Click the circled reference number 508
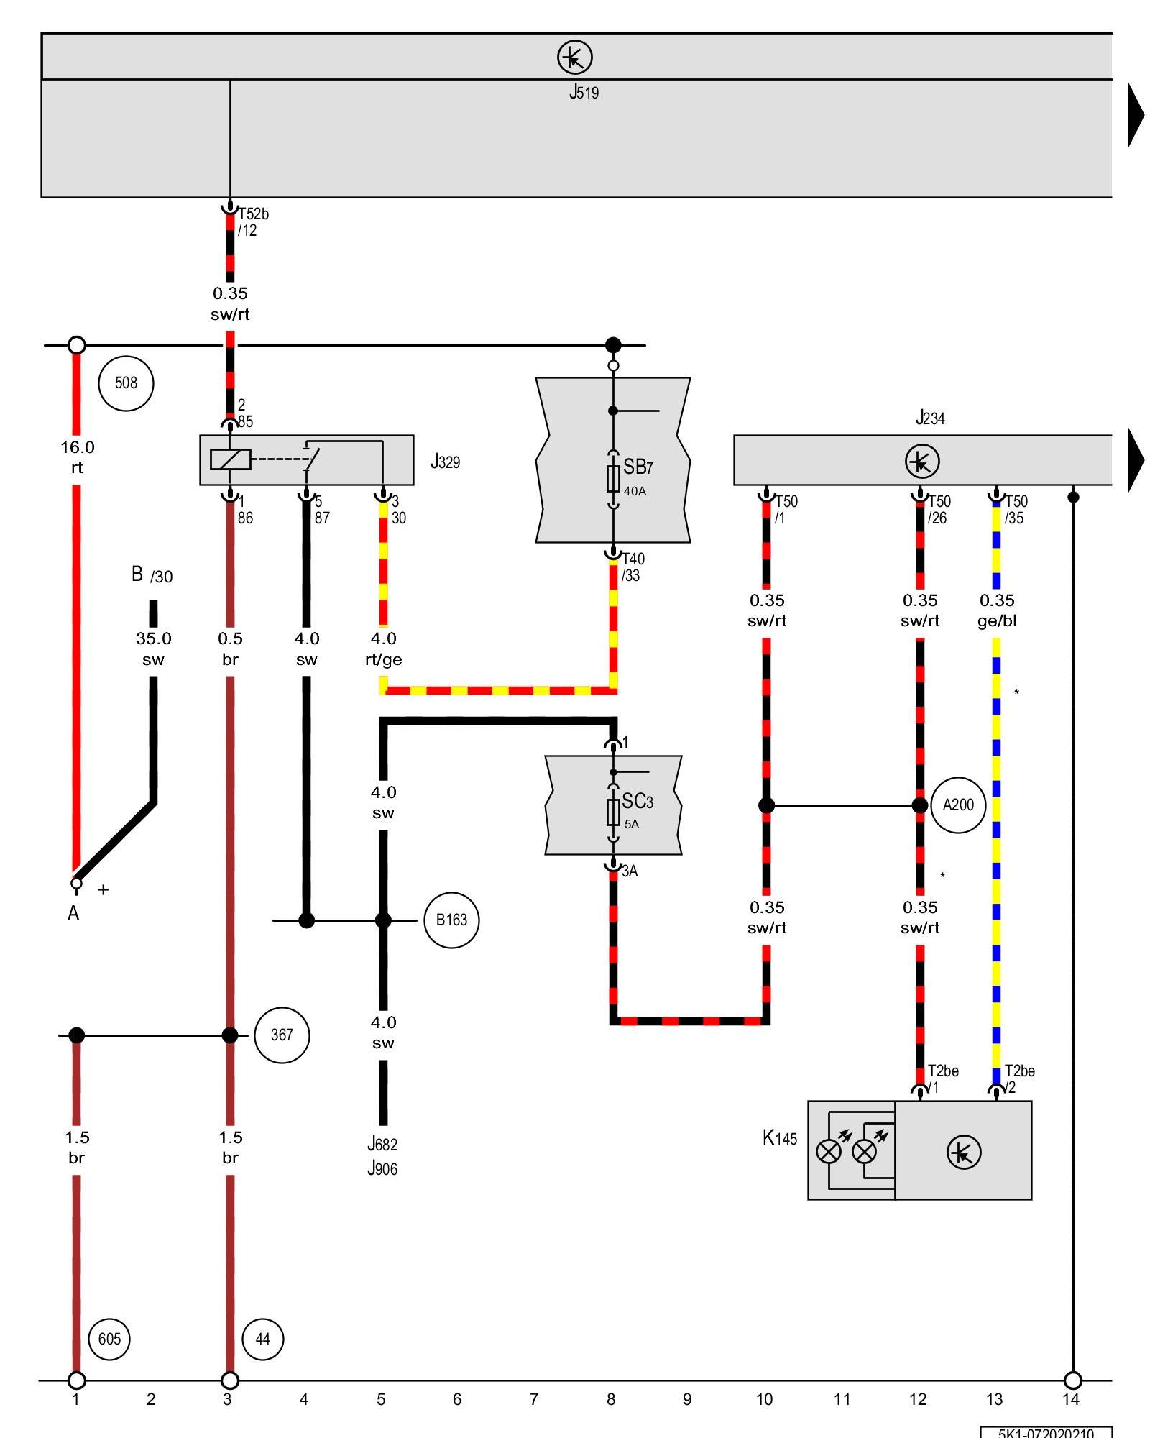(126, 383)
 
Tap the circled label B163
(451, 920)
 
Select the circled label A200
(958, 805)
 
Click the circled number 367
(282, 1035)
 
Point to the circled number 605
(109, 1339)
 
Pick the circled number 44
(263, 1339)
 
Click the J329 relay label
(445, 462)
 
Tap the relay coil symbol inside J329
(230, 459)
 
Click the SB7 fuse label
(638, 467)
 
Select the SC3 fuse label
(637, 801)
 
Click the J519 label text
(584, 92)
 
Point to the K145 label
(780, 1137)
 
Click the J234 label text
(930, 418)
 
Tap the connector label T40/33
(632, 567)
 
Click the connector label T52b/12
(253, 221)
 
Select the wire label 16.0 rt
(77, 457)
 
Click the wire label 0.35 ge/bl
(997, 610)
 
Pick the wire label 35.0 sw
(153, 649)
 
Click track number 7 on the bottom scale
(534, 1399)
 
